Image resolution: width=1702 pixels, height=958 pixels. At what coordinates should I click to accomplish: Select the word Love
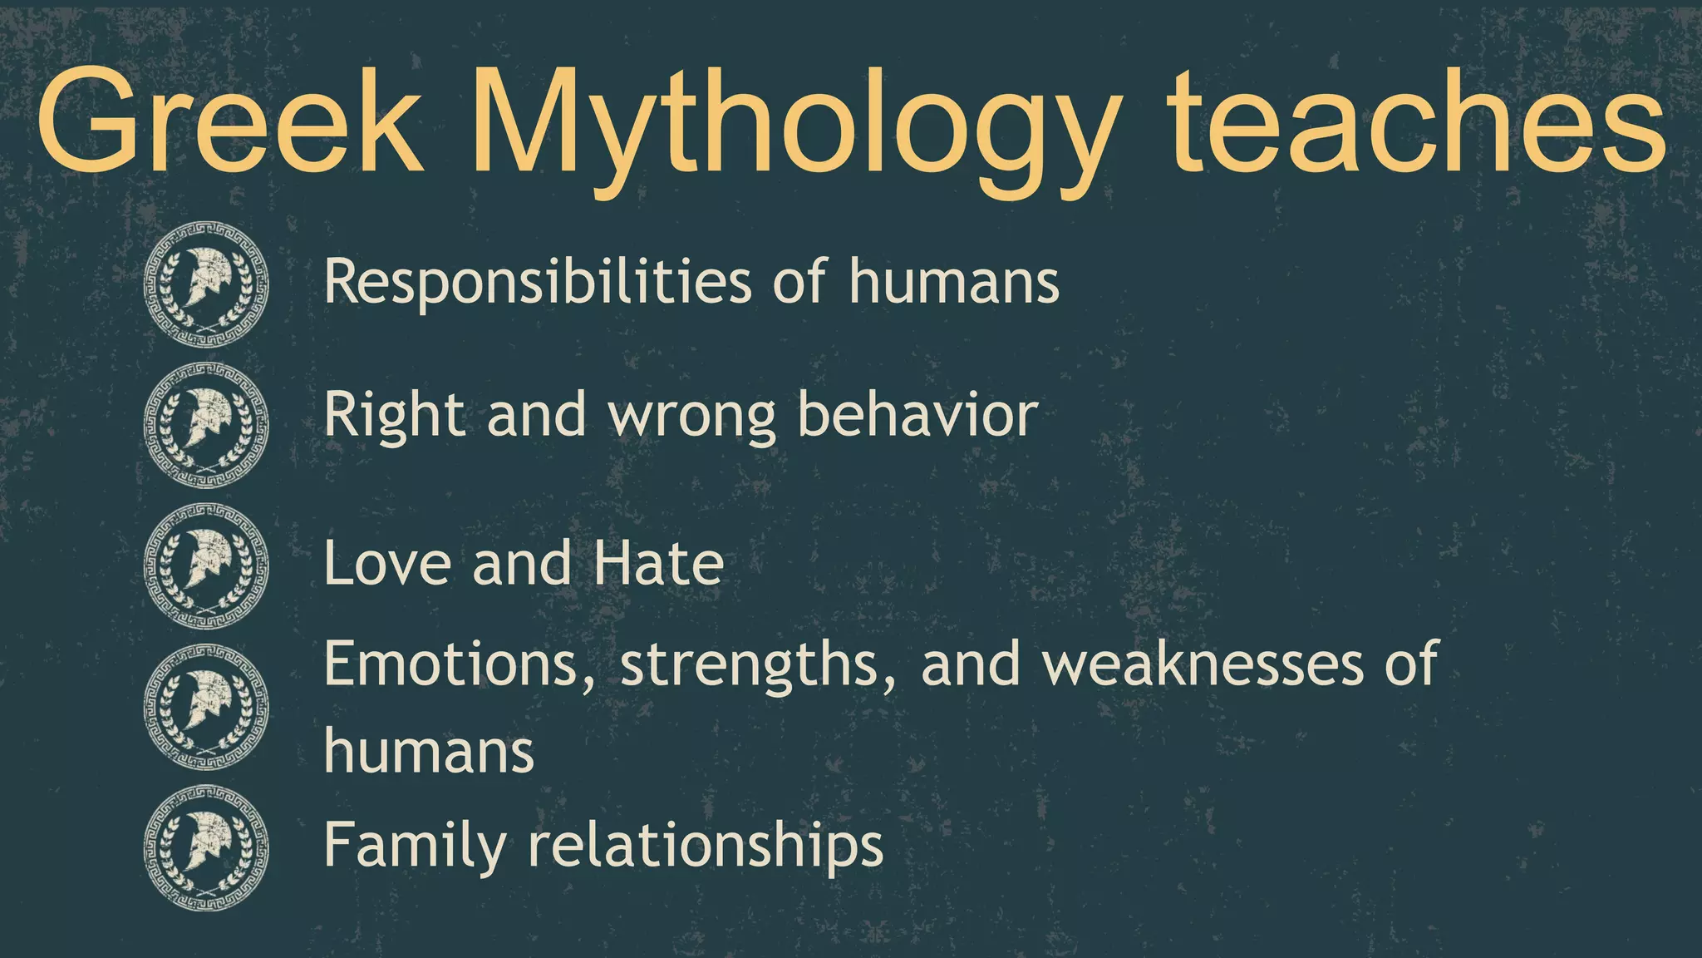click(387, 563)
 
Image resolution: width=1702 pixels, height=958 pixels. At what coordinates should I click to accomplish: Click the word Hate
click(658, 563)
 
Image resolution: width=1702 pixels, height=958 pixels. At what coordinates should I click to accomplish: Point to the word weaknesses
click(1203, 664)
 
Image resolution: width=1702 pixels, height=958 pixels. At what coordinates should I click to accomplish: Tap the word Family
click(415, 847)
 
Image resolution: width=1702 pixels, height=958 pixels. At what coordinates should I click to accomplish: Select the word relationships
click(706, 847)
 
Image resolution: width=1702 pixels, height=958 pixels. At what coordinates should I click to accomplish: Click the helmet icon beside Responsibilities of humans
click(206, 284)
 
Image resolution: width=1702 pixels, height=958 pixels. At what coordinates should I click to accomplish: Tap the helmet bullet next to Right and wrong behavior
click(206, 425)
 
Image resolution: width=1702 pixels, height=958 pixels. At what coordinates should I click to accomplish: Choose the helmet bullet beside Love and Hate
click(206, 566)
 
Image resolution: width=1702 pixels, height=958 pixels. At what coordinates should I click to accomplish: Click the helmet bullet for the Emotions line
click(206, 707)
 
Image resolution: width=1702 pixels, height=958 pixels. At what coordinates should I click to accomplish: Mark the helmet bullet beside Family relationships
click(206, 847)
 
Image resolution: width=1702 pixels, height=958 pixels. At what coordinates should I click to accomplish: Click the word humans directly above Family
click(429, 751)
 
